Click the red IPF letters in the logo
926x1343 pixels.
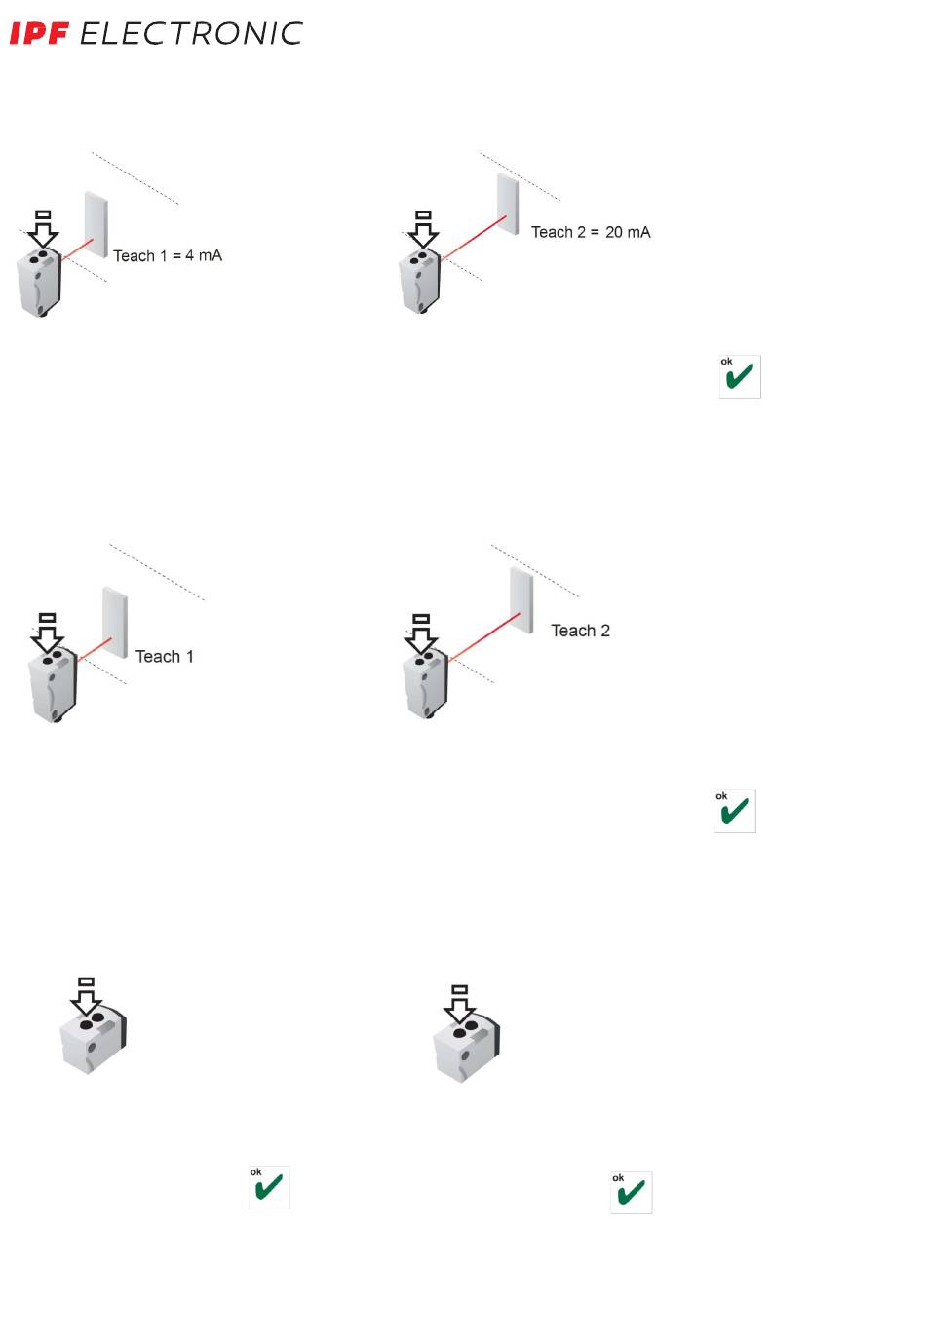tap(39, 34)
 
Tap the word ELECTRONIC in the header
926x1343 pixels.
tap(191, 34)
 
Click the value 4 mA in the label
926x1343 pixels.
tap(204, 255)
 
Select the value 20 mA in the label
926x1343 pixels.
tap(628, 232)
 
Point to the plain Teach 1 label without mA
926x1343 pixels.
tap(164, 657)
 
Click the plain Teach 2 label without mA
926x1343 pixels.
tap(580, 631)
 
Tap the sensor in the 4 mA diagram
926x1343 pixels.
tap(40, 282)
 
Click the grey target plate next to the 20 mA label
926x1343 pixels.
tap(508, 204)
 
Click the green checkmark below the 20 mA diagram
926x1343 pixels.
tap(740, 376)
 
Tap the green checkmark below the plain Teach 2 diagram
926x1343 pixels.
tap(735, 811)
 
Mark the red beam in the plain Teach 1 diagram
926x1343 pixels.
tap(96, 649)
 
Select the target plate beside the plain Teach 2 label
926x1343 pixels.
tap(521, 599)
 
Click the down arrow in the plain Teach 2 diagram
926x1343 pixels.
tap(421, 634)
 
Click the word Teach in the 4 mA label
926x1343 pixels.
tap(134, 255)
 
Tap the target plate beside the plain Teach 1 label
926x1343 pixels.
tap(115, 621)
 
